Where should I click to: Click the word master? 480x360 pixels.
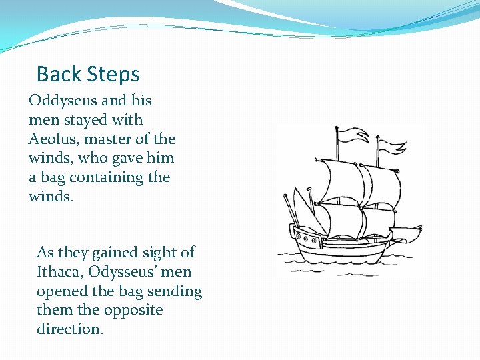pyautogui.click(x=105, y=139)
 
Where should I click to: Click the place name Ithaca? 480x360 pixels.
pyautogui.click(x=61, y=272)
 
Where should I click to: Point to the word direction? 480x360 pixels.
pyautogui.click(x=69, y=329)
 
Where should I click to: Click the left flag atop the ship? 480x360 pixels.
pyautogui.click(x=350, y=136)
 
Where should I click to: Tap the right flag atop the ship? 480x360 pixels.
pyautogui.click(x=392, y=145)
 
